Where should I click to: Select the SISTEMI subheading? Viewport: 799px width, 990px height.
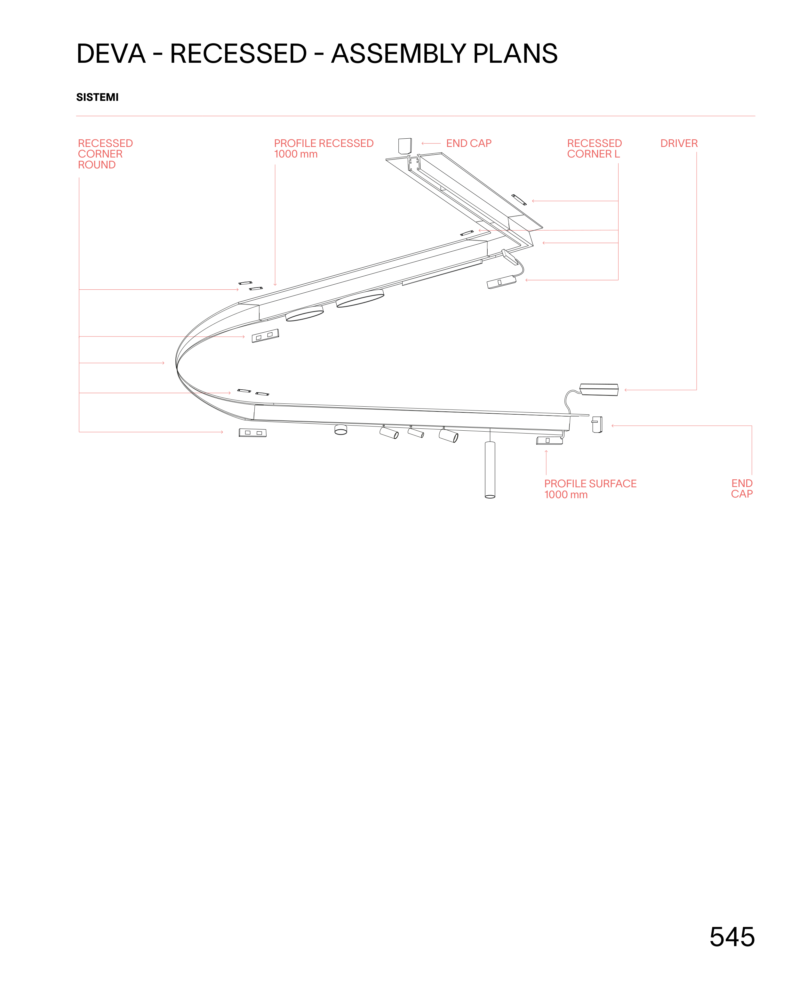tap(97, 97)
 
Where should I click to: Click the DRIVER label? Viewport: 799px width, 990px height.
tap(679, 143)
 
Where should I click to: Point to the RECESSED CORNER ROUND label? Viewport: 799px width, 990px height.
tap(105, 154)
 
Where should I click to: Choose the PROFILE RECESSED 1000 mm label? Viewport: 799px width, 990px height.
tap(323, 148)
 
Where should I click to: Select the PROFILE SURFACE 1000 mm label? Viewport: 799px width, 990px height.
tap(590, 489)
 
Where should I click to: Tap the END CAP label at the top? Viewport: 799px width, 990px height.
tap(468, 143)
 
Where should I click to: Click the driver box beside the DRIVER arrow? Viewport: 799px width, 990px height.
tap(599, 389)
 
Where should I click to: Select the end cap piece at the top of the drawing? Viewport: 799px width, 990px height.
tap(404, 145)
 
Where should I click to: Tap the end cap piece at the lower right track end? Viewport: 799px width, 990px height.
tap(597, 424)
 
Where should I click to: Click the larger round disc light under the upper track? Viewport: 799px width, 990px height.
tap(360, 298)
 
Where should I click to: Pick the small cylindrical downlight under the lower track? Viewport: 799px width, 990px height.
tap(340, 430)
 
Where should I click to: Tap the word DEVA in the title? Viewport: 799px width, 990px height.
tap(111, 53)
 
